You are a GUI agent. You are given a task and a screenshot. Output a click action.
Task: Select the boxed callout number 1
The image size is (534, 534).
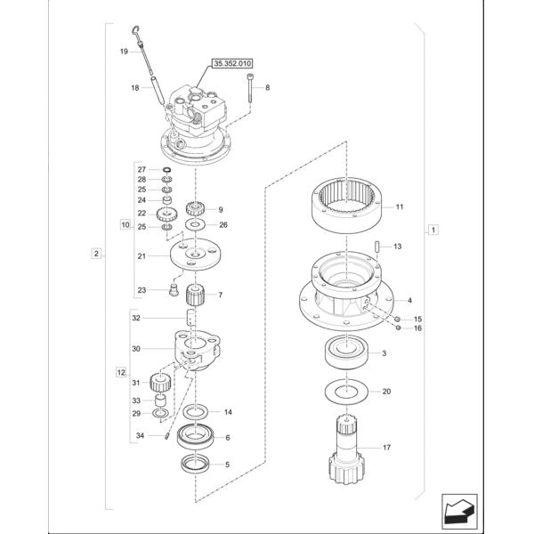pyautogui.click(x=432, y=230)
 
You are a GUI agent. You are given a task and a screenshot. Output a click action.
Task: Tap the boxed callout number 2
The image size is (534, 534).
pyautogui.click(x=95, y=254)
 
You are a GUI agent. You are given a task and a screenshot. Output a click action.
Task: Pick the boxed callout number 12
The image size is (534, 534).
pyautogui.click(x=121, y=369)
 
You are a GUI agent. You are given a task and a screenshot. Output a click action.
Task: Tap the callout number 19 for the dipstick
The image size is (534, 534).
pyautogui.click(x=124, y=53)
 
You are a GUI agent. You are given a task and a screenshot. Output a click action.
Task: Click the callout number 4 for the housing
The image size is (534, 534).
pyautogui.click(x=409, y=301)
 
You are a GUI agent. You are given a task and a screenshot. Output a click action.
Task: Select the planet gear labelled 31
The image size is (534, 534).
pyautogui.click(x=163, y=384)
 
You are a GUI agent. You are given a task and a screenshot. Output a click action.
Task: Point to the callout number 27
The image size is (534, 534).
pyautogui.click(x=141, y=168)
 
